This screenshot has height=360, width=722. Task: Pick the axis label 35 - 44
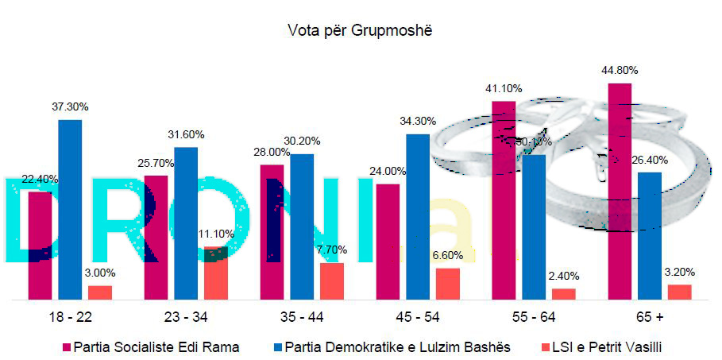(301, 318)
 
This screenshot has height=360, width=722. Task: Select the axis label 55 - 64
(533, 318)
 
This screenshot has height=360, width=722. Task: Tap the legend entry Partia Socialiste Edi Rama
(156, 346)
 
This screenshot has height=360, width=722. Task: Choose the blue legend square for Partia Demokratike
(276, 347)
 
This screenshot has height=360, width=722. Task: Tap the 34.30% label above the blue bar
(419, 121)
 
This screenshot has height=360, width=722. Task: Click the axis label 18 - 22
(70, 318)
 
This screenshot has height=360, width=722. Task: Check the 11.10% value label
(217, 234)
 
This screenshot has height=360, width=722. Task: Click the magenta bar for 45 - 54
(388, 242)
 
